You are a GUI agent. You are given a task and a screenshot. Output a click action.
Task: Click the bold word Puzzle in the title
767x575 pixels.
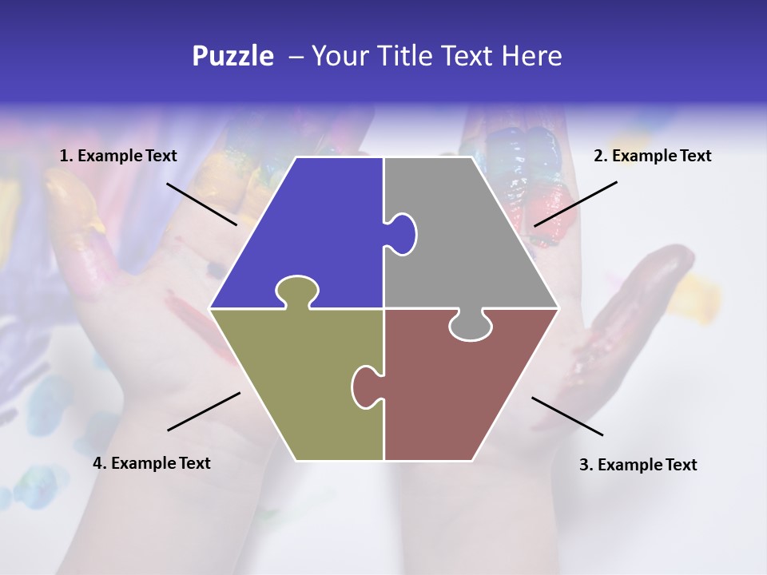pos(232,56)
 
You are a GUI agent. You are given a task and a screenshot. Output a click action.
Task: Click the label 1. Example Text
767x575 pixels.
pos(118,157)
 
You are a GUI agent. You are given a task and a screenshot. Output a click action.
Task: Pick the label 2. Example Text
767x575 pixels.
pos(652,157)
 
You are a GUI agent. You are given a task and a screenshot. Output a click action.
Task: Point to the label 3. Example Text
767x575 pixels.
pos(638,465)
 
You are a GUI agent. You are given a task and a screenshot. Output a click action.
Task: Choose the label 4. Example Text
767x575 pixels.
pos(152,463)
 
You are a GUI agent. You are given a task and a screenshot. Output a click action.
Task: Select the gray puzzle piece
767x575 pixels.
pos(471,240)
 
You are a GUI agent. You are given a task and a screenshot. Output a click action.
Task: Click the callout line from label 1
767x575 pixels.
pos(201,204)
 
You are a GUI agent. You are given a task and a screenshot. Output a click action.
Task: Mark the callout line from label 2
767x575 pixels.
pos(575,204)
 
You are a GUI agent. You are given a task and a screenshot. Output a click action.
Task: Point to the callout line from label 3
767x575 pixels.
pos(567,416)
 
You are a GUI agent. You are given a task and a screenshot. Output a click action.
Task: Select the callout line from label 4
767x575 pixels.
pos(204,411)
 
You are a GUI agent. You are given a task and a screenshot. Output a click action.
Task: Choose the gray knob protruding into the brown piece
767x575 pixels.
pos(471,326)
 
